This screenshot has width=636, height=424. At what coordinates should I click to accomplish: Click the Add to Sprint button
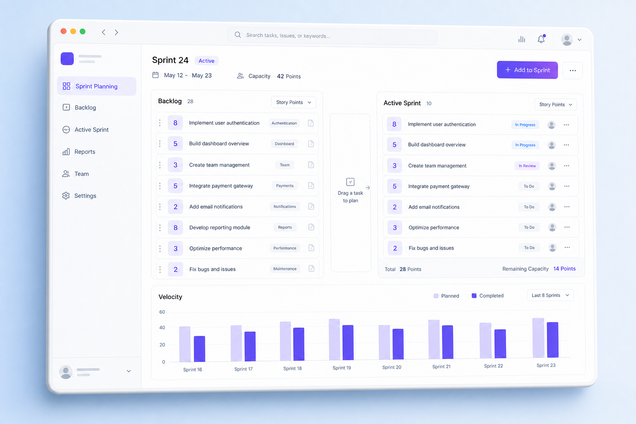tap(527, 70)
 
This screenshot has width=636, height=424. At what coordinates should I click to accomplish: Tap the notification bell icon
tap(541, 39)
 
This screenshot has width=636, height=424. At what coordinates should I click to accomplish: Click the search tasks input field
tap(332, 36)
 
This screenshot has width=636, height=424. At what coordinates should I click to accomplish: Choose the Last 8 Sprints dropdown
tap(550, 295)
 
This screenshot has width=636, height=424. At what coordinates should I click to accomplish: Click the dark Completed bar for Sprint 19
tap(348, 342)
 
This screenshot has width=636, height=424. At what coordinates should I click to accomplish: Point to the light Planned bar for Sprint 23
tap(538, 337)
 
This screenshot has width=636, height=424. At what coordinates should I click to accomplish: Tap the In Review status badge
tap(527, 166)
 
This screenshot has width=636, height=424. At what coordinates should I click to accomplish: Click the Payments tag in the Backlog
tap(284, 186)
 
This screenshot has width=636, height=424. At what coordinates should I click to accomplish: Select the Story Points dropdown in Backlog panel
tap(294, 102)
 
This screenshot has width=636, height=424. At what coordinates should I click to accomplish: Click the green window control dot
tap(83, 31)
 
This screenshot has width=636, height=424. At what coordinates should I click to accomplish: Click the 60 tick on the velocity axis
tap(162, 312)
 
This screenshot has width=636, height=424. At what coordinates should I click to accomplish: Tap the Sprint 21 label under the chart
tap(441, 366)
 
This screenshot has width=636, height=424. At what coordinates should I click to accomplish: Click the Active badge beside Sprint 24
tap(207, 61)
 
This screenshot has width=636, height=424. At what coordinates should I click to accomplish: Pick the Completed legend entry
tap(487, 296)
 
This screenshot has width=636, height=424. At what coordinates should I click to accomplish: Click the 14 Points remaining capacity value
tap(564, 269)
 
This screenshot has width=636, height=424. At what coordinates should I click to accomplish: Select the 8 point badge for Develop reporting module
tap(175, 227)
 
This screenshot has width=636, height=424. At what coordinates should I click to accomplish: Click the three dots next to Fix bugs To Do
tap(567, 247)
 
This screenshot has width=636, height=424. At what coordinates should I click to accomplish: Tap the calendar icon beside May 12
tap(155, 75)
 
